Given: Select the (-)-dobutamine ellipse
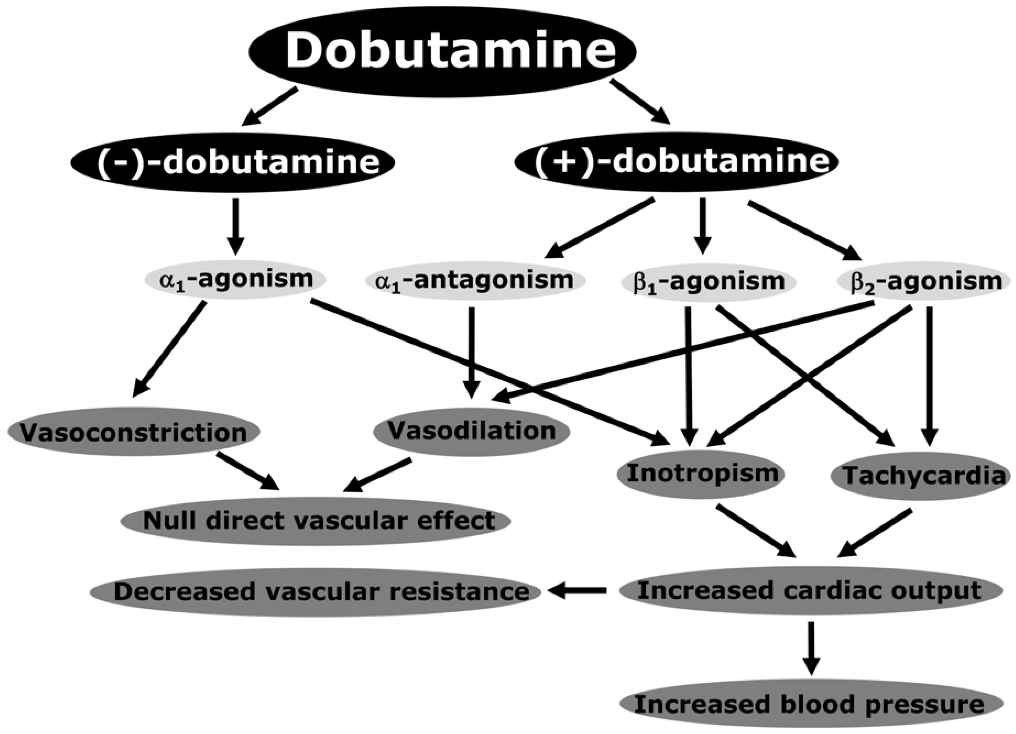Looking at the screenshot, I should point(233,162).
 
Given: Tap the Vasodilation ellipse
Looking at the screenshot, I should point(471,431).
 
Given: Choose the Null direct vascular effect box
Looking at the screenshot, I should point(316,521).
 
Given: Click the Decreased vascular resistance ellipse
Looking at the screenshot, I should point(316,591).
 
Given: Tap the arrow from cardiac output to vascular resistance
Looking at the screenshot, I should point(578,591).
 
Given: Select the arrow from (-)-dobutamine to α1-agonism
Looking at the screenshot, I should point(236,226).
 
